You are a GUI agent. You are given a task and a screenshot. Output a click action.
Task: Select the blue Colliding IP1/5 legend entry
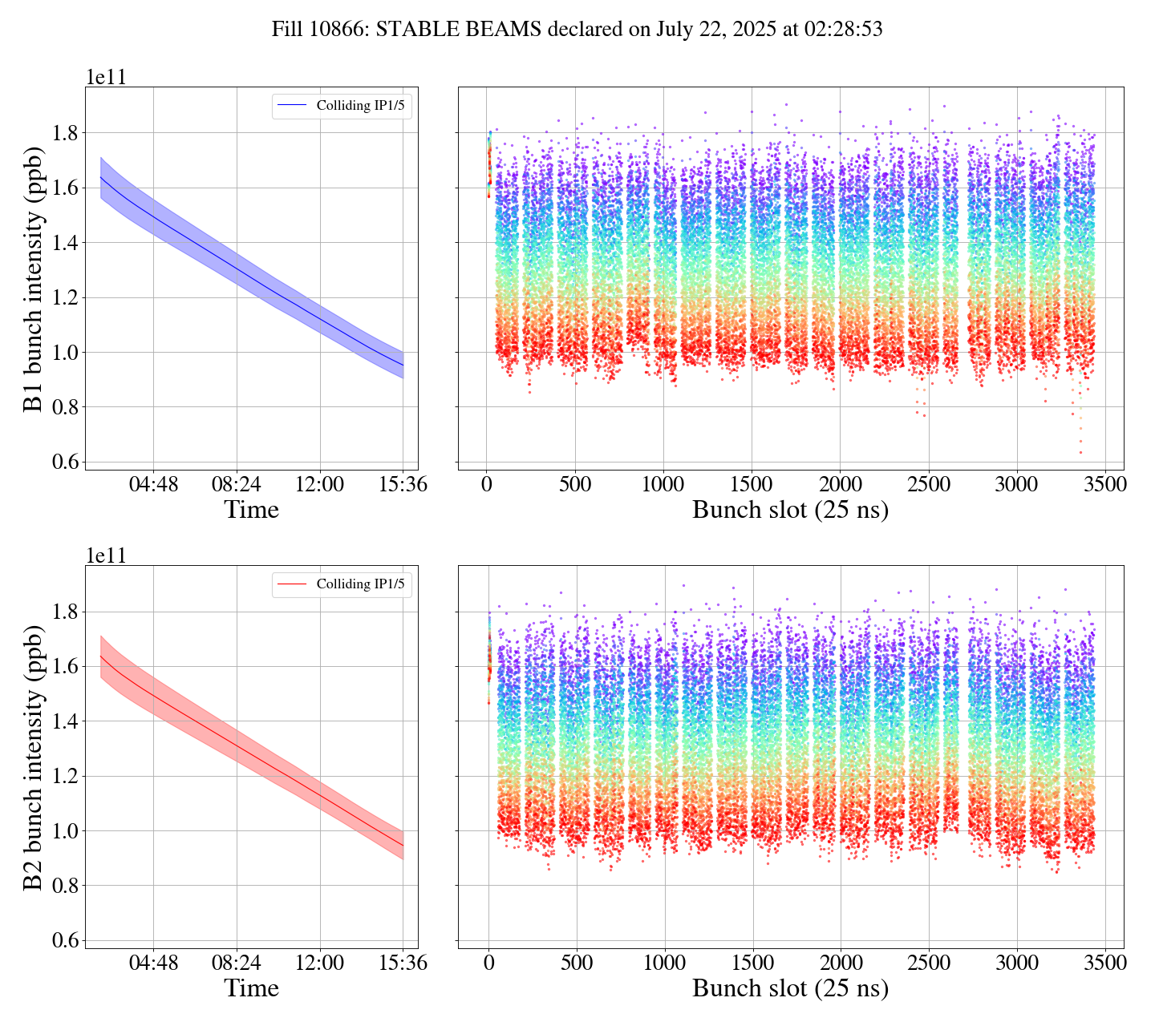[342, 105]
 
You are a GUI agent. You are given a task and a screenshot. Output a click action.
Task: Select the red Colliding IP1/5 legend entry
[342, 584]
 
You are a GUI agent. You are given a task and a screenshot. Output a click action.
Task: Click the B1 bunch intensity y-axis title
[34, 278]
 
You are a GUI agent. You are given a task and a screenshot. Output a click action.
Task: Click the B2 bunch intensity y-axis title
[34, 757]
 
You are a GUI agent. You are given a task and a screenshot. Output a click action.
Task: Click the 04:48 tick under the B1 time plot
[153, 485]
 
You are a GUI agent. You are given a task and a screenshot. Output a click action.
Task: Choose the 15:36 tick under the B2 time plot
[403, 963]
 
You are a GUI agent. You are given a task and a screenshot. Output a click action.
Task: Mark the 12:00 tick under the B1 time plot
[319, 485]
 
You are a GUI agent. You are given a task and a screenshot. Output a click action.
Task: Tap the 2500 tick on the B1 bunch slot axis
[928, 485]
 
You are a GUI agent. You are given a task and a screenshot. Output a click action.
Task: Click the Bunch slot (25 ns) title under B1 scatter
[790, 511]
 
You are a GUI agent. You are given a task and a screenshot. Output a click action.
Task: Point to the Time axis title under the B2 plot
[251, 988]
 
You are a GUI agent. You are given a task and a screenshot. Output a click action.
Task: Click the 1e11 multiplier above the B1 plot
[106, 78]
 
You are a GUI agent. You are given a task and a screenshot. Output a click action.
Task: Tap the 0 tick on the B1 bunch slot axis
[486, 485]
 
